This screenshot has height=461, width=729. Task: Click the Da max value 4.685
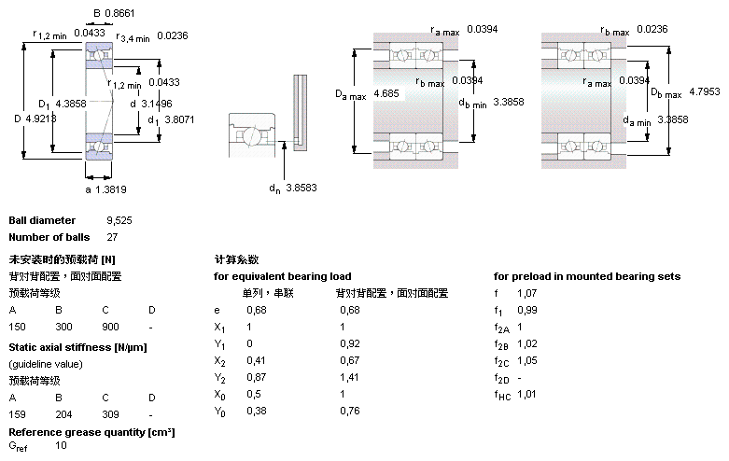point(386,94)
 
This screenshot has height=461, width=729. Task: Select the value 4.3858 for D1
point(71,103)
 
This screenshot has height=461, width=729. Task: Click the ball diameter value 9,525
point(120,220)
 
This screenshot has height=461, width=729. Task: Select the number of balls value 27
point(113,237)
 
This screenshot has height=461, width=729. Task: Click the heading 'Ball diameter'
point(41,220)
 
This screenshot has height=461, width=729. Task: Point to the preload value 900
point(110,327)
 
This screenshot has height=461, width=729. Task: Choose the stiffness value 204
point(64,413)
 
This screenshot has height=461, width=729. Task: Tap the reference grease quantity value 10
point(62,446)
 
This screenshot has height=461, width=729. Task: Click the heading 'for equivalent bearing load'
point(282,276)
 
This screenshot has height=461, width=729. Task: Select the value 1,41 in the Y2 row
point(349,378)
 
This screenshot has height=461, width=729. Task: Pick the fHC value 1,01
point(527,394)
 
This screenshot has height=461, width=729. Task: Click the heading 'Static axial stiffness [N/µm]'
point(77,347)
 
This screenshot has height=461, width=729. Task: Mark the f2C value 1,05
point(527,360)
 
